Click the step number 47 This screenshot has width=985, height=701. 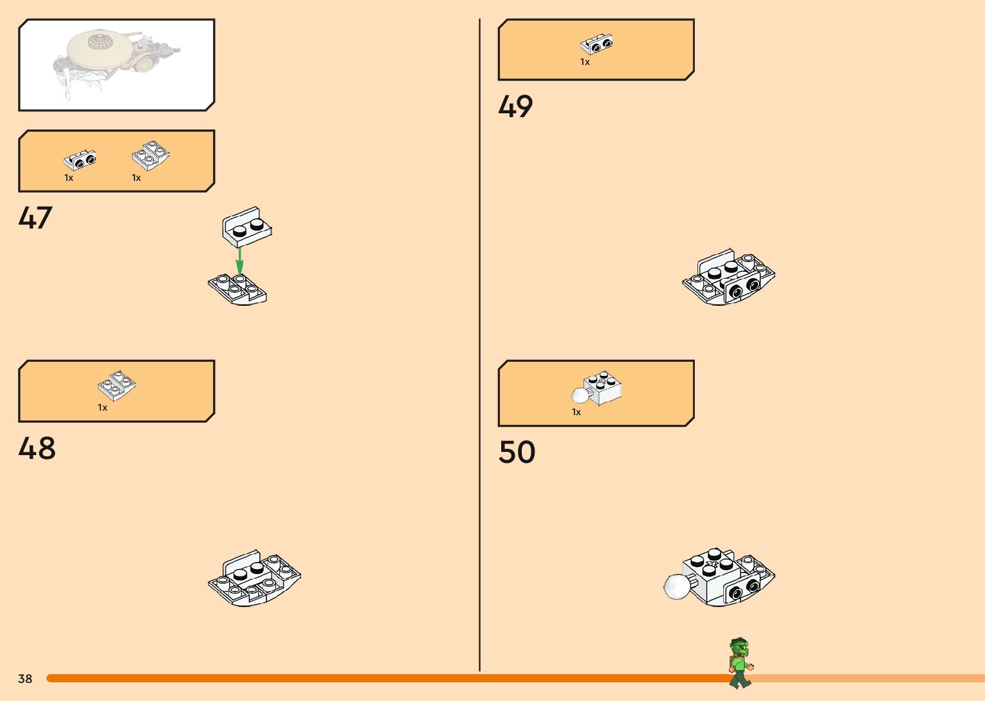point(35,218)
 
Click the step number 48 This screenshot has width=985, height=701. point(37,449)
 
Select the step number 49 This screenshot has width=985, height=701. point(515,107)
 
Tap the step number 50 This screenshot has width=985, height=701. point(517,453)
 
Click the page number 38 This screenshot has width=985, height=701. point(25,678)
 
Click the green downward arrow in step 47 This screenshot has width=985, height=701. point(239,261)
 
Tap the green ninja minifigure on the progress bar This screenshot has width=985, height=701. point(741,663)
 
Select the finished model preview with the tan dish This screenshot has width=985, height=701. point(116,64)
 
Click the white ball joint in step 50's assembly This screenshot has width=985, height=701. point(676,586)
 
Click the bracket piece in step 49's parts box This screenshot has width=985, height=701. point(596,44)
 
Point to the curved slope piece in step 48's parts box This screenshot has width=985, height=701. point(116,386)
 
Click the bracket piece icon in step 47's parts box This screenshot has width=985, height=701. point(80,160)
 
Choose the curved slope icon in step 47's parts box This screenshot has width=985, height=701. point(151,156)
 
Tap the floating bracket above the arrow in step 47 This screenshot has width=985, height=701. point(246,227)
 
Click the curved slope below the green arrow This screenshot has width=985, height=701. point(237,289)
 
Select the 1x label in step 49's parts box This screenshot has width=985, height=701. point(585,62)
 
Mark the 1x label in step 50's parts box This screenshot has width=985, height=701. point(576,412)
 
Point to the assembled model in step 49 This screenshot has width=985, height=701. point(728,277)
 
